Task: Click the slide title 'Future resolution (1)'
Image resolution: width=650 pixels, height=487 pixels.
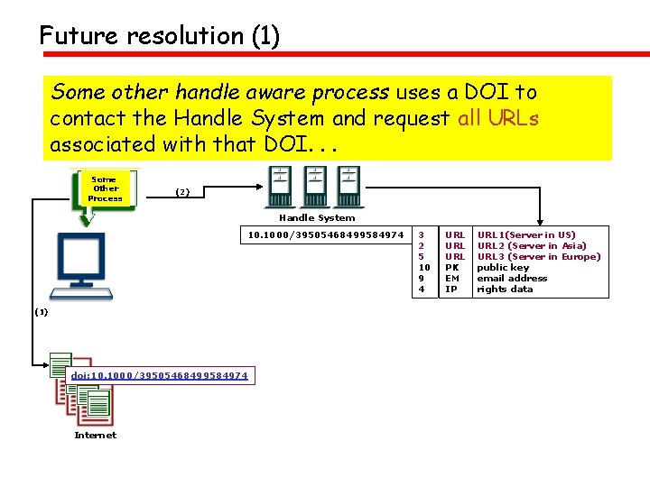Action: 160,36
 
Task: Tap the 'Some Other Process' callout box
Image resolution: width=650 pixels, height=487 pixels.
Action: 106,189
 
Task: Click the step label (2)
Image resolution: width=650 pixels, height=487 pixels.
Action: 182,192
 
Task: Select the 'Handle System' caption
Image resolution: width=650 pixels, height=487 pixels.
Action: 317,217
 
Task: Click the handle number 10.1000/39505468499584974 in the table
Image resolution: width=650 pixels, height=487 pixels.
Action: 326,235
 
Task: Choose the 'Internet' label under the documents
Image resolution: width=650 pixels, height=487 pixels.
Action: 95,436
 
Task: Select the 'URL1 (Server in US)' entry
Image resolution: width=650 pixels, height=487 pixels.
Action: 525,235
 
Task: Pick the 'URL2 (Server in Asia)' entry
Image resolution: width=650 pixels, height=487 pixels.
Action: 531,246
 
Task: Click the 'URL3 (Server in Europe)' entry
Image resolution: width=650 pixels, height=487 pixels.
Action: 538,257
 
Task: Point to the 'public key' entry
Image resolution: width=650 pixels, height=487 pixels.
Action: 503,268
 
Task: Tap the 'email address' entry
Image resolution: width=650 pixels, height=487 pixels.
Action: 512,279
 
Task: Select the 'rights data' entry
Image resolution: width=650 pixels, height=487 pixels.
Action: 505,289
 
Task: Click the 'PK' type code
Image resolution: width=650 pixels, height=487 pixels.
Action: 452,268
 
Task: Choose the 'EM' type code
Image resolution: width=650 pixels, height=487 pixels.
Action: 453,279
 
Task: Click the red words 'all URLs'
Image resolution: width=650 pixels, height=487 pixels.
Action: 498,118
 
